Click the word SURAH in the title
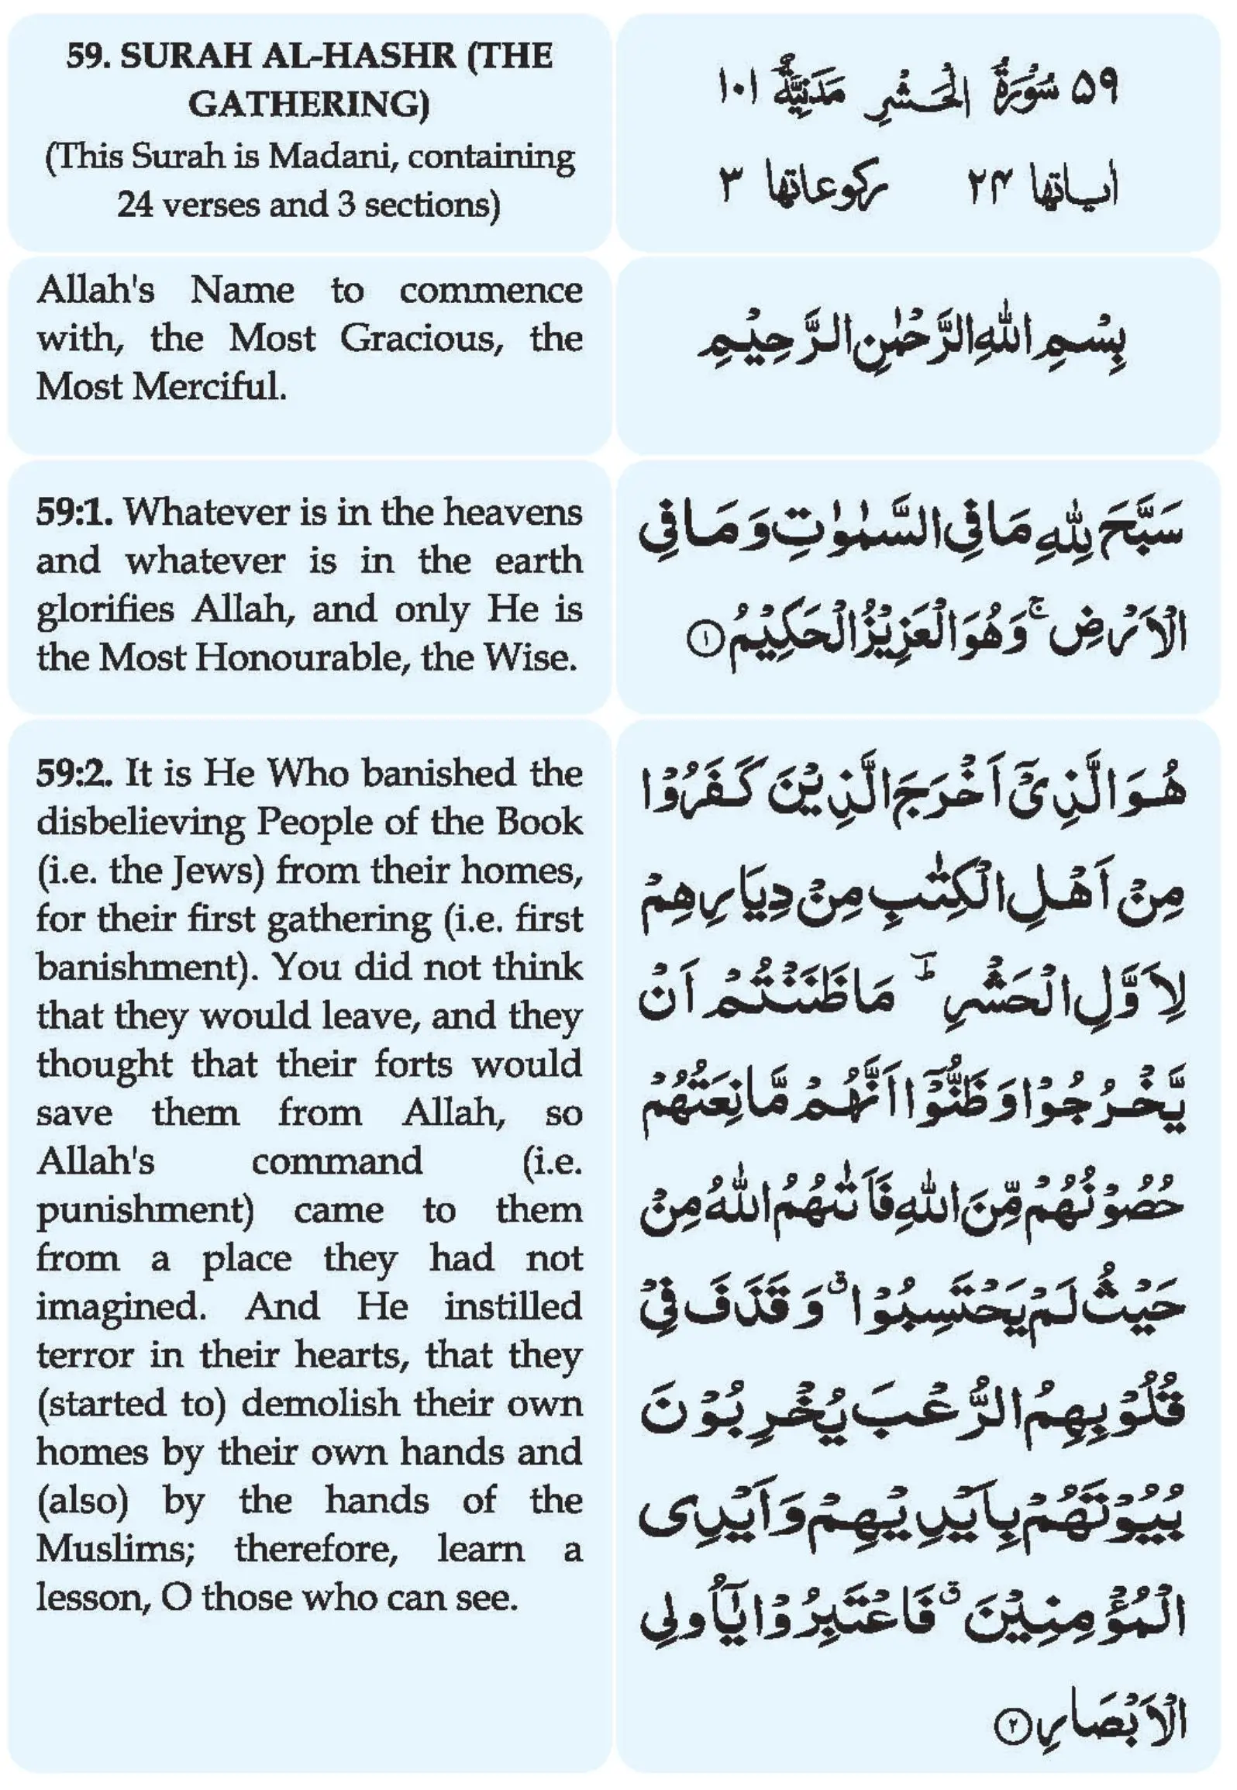point(187,57)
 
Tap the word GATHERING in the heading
point(308,105)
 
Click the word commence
point(491,291)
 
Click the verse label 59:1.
point(74,512)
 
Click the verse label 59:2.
point(74,774)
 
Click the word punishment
point(145,1211)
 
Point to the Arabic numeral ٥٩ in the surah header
point(1093,89)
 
